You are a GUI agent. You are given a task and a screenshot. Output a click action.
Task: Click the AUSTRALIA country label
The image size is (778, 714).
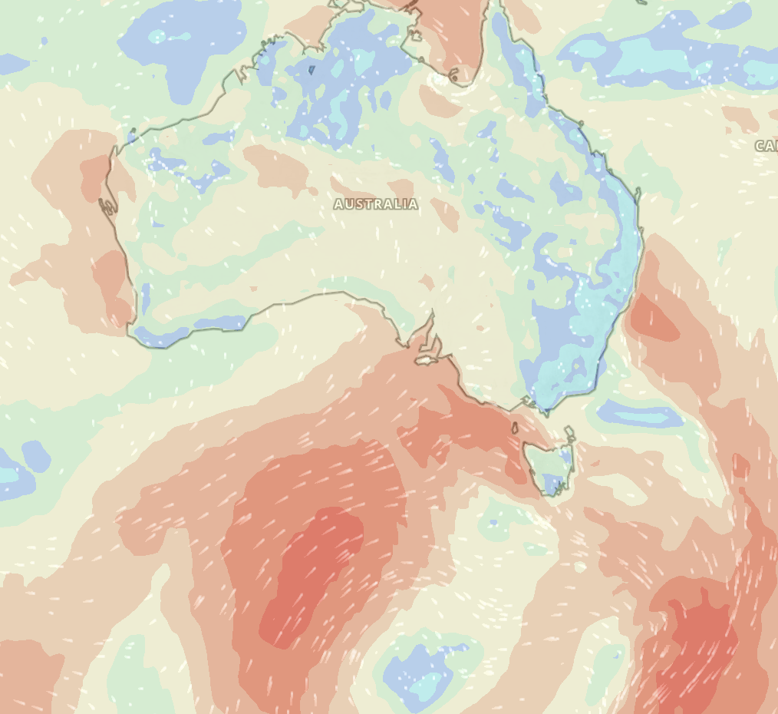(376, 204)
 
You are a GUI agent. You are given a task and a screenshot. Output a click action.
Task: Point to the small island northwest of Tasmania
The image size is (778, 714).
(515, 428)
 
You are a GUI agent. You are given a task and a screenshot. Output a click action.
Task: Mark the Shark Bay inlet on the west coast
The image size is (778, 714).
(107, 206)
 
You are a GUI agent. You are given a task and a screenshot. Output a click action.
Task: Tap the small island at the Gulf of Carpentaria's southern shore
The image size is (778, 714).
(454, 76)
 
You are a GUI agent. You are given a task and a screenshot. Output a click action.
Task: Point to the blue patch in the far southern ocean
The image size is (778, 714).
(418, 672)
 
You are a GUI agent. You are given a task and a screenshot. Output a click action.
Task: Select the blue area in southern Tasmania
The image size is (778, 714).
(553, 483)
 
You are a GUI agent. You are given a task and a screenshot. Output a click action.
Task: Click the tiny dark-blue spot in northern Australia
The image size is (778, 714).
(312, 70)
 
